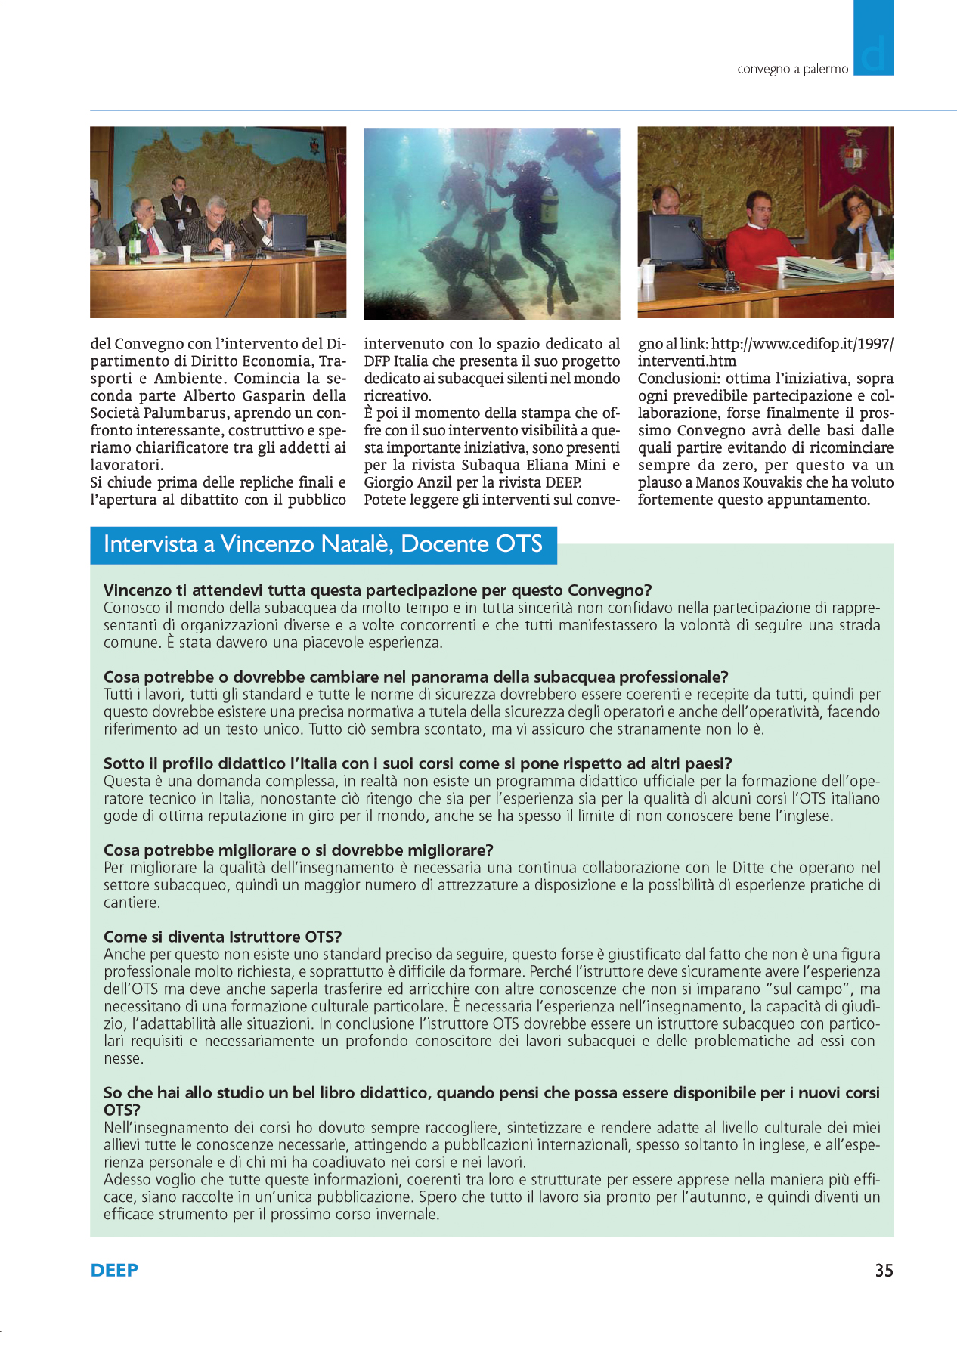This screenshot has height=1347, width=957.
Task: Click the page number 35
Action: tap(884, 1270)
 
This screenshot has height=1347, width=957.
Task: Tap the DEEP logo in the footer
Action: tap(114, 1270)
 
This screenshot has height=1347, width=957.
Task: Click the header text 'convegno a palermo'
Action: tap(792, 69)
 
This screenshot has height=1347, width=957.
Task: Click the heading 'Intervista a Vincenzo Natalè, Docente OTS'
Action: tap(323, 544)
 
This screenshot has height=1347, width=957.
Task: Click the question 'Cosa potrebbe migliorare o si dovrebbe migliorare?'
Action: tap(299, 850)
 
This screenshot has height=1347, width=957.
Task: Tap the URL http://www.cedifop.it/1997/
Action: tap(802, 344)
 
